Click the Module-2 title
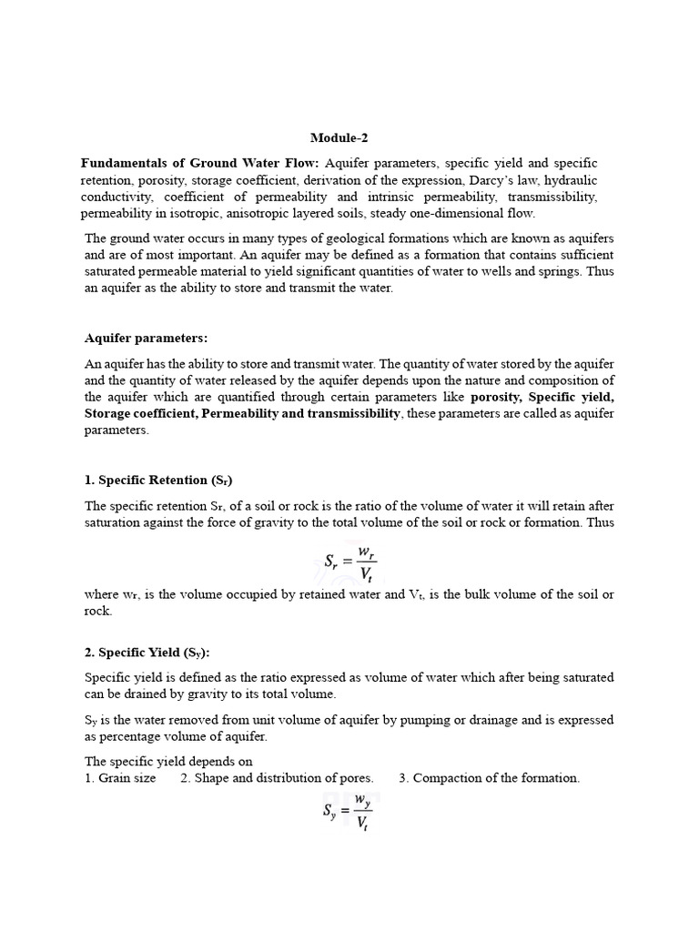(339, 138)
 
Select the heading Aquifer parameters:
(147, 338)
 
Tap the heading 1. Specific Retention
(159, 480)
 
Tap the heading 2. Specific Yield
(153, 653)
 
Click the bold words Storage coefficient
(137, 414)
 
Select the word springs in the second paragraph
(566, 271)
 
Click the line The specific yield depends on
(168, 762)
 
